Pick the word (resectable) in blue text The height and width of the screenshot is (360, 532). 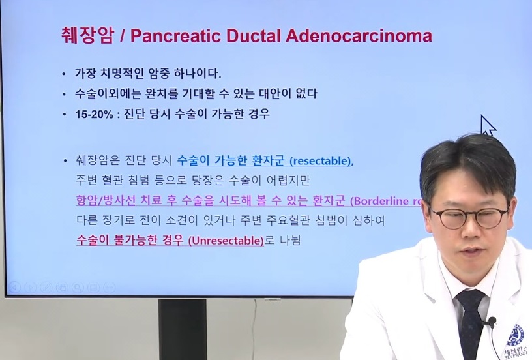pos(321,160)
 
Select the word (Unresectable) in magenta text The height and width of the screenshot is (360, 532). pos(225,241)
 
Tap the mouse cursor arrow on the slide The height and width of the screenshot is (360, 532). pos(488,125)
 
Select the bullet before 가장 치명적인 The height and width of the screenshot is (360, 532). pos(63,74)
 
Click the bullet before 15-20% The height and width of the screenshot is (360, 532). pos(63,115)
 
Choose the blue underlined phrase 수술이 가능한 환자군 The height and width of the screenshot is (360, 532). pos(231,160)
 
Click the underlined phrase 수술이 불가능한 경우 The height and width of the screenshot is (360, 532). pos(130,241)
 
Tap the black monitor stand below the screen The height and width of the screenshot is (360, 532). pos(183,329)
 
